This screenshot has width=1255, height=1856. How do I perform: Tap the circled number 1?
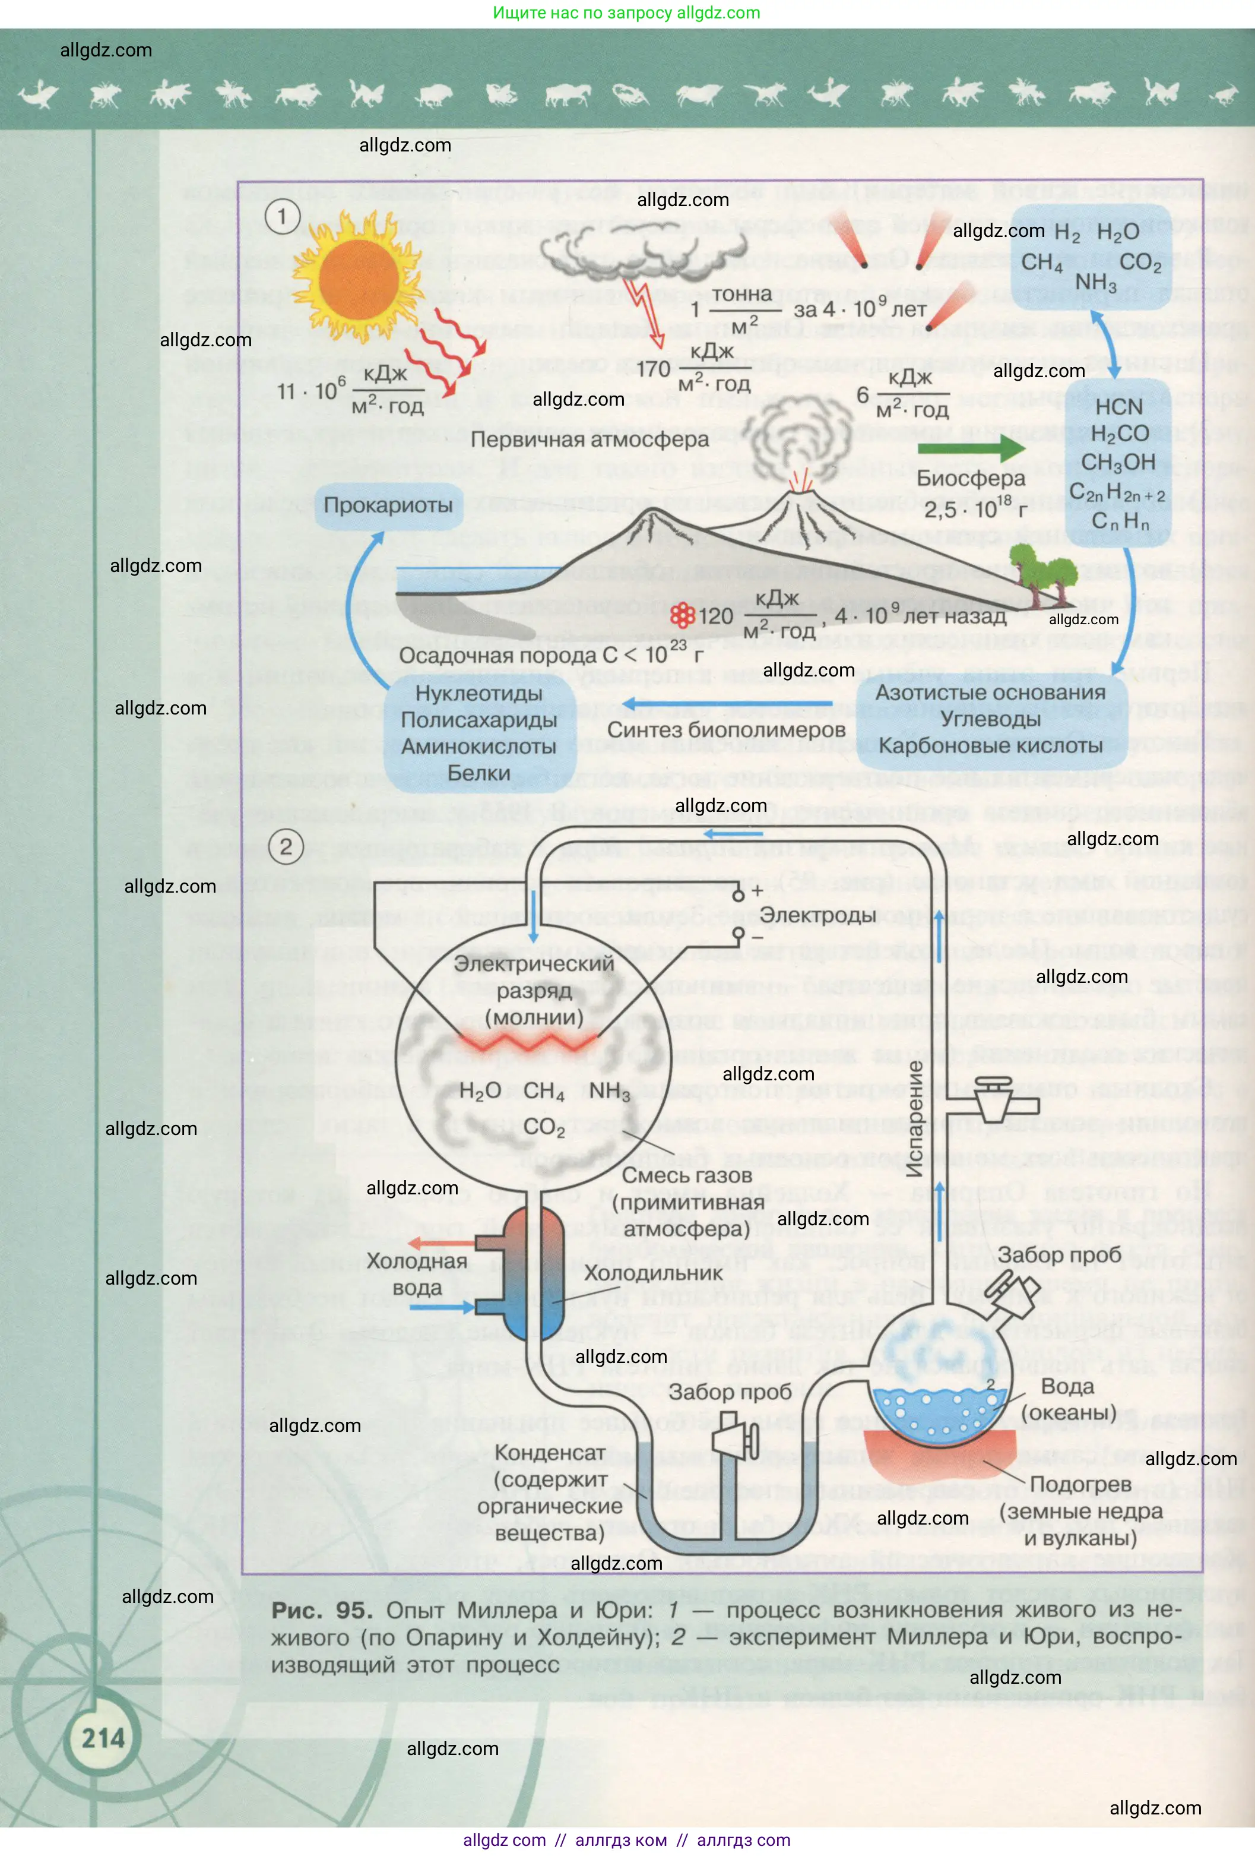(282, 216)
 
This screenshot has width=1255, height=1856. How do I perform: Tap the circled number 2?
(286, 846)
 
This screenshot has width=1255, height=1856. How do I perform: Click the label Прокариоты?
(388, 505)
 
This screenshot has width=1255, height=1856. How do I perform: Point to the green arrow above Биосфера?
(971, 447)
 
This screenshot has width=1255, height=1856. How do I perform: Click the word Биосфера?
(971, 478)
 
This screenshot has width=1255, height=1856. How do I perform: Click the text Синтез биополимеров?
(725, 730)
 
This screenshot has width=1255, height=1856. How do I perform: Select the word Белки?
(478, 773)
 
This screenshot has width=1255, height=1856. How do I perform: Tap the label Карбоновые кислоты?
(991, 746)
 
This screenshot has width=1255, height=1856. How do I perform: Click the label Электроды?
(817, 915)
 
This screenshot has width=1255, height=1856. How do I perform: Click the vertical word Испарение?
(915, 1119)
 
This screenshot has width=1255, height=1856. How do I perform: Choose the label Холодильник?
(653, 1273)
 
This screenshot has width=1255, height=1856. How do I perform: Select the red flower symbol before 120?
(682, 615)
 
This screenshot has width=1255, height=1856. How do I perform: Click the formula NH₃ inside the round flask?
(609, 1091)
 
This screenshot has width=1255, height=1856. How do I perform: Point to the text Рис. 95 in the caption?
(322, 1610)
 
